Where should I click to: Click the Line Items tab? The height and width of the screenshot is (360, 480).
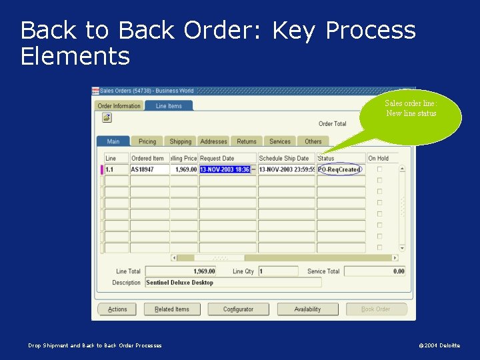click(x=169, y=106)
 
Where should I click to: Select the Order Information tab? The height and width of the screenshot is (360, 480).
click(x=119, y=106)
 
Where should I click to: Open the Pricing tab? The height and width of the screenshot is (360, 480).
click(x=147, y=141)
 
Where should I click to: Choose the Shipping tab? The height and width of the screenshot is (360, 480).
click(x=180, y=141)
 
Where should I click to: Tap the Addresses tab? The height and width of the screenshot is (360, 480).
click(x=213, y=141)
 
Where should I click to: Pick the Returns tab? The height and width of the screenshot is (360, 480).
click(x=247, y=141)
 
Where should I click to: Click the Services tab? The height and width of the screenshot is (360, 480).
click(x=280, y=141)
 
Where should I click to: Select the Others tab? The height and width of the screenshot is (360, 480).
click(x=313, y=141)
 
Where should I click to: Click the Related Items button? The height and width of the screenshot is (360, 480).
click(x=172, y=309)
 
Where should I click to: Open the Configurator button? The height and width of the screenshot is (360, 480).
click(x=238, y=309)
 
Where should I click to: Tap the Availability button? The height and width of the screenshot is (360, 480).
click(x=307, y=309)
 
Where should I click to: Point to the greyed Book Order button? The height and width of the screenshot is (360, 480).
click(x=375, y=309)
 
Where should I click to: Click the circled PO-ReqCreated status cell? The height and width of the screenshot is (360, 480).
click(x=339, y=169)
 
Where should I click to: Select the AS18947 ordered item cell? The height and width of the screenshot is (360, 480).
click(x=149, y=169)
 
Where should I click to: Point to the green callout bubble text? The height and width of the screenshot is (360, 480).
click(x=411, y=108)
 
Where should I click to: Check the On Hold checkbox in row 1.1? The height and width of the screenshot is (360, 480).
click(x=380, y=169)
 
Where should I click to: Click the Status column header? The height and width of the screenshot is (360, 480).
click(x=327, y=158)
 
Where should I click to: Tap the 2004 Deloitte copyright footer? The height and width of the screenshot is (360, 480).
click(x=439, y=345)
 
